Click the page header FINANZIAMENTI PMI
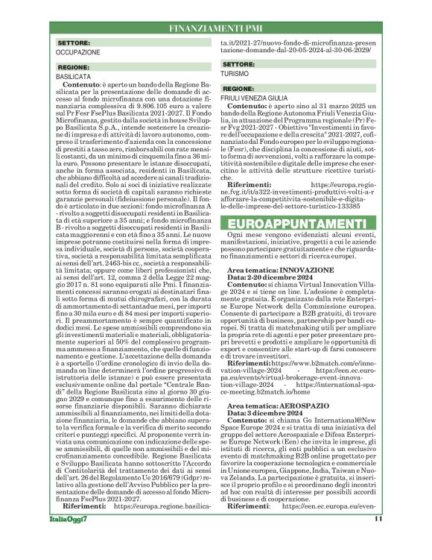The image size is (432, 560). point(216,28)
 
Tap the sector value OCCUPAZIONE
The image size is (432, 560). point(77,53)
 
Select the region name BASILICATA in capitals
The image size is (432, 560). point(74,76)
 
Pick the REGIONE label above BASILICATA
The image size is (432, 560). point(74,67)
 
